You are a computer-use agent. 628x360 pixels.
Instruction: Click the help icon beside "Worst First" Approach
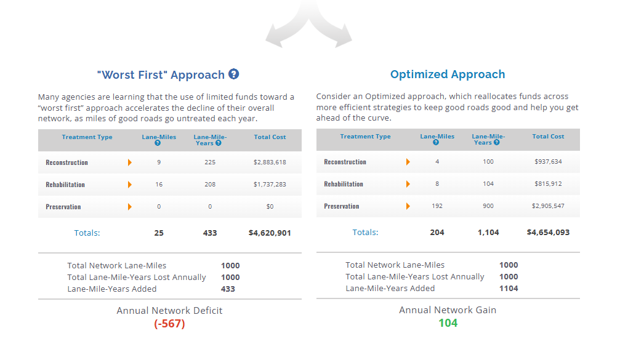tap(233, 74)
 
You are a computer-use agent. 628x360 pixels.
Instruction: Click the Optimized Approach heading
tap(448, 74)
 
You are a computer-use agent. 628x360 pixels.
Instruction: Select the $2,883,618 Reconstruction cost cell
tap(270, 162)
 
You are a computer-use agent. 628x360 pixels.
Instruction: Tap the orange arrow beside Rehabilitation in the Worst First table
tap(130, 185)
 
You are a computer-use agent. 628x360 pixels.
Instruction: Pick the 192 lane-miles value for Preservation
tap(437, 206)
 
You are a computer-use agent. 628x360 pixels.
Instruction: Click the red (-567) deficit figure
tap(169, 324)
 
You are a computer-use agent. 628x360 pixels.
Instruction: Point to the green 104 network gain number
tap(448, 322)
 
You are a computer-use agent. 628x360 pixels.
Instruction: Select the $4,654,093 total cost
tap(548, 232)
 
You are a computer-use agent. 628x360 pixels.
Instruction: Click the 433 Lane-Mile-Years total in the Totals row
tap(210, 233)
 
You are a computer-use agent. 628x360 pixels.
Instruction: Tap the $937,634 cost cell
tap(548, 162)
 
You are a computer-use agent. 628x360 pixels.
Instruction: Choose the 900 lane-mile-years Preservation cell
tap(488, 206)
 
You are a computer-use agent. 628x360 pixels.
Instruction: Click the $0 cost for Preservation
tap(270, 207)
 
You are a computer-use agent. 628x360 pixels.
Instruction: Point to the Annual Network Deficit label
tap(169, 311)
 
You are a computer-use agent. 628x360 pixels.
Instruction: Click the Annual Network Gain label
tap(448, 310)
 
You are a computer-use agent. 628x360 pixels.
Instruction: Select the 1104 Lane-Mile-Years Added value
tap(508, 289)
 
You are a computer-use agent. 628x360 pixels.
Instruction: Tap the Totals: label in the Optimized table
tap(365, 232)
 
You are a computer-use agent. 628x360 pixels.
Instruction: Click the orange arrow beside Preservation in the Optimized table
tap(408, 206)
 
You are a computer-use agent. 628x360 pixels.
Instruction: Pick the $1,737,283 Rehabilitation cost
tap(270, 184)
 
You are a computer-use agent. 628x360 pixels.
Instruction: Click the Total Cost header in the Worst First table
tap(270, 137)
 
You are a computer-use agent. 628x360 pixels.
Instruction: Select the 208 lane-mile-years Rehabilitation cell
tap(210, 184)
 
